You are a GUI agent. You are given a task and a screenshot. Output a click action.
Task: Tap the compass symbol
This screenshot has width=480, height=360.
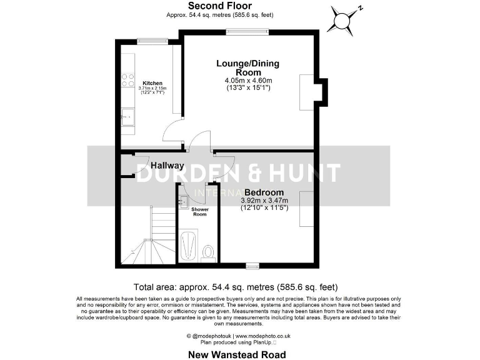point(342,20)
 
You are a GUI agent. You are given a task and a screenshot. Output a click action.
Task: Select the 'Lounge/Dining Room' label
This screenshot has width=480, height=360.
point(248,67)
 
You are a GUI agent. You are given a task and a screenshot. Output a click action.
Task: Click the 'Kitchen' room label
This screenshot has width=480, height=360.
point(152,83)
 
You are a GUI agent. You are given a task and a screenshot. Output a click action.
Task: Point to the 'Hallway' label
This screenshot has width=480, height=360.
point(167,166)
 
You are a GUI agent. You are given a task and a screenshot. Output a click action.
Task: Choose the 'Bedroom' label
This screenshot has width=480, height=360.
point(264,192)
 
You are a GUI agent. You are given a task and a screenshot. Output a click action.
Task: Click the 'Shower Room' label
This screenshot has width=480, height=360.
point(199,212)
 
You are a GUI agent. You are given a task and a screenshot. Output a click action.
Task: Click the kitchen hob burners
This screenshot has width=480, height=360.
point(127,80)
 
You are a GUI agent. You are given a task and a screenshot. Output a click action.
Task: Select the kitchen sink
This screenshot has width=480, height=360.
point(128,116)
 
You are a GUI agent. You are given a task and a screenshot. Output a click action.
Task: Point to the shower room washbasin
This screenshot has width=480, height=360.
point(183,201)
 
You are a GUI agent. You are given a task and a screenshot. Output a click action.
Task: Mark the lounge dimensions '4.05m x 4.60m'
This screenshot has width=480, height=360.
point(248,81)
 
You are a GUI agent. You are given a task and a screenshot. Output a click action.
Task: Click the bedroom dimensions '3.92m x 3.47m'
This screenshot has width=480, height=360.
point(264,200)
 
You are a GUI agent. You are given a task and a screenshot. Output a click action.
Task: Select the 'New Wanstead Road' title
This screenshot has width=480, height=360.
point(237,354)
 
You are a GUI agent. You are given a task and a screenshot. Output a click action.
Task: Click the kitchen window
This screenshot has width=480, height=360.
point(149,42)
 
